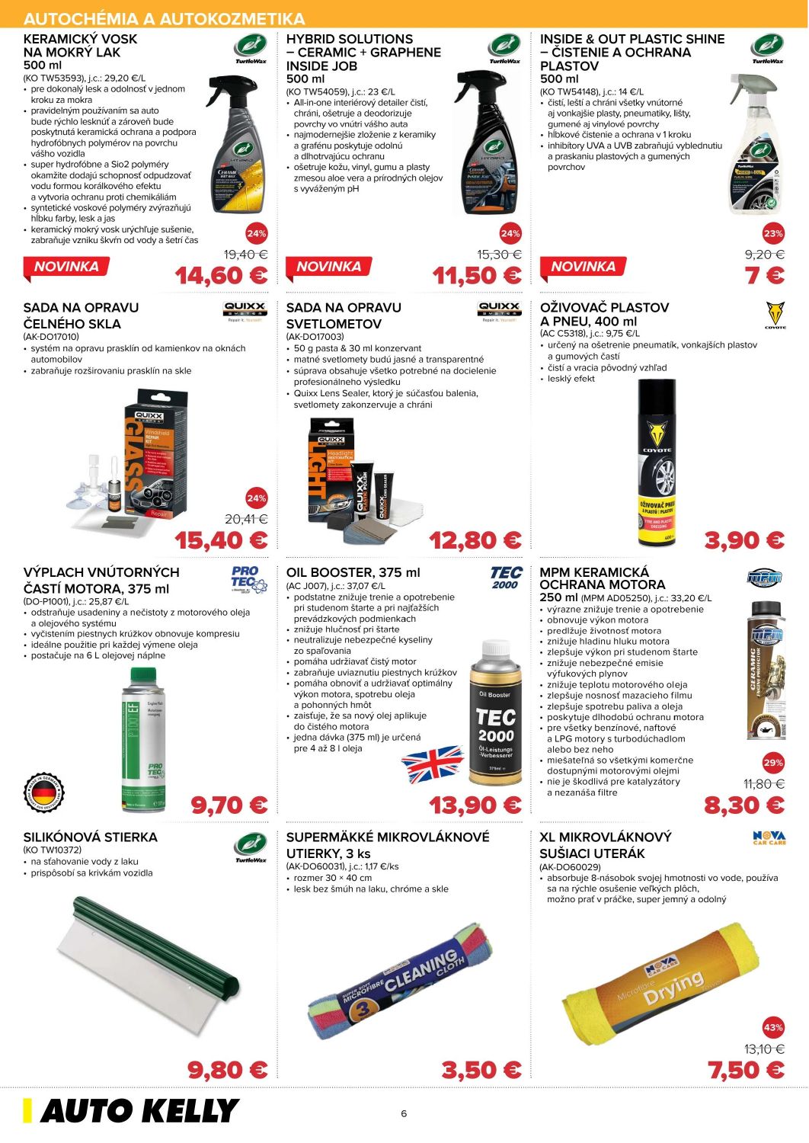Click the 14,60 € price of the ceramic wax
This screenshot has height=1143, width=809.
click(221, 276)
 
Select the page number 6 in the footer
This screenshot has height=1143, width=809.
click(404, 1113)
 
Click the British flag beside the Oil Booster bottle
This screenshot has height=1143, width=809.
click(431, 764)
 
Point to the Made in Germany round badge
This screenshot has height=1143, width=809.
click(45, 793)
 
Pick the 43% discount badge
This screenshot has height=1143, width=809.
click(773, 1027)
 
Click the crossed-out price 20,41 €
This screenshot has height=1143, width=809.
click(246, 519)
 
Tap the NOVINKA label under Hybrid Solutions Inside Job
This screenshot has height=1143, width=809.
click(328, 267)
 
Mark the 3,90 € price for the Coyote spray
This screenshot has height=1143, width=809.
click(744, 540)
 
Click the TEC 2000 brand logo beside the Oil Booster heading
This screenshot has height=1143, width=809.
click(505, 577)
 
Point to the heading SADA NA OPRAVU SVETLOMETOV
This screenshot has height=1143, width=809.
click(344, 315)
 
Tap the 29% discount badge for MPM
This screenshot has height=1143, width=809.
click(773, 762)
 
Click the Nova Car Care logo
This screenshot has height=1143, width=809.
click(769, 838)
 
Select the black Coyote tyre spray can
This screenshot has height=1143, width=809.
click(657, 463)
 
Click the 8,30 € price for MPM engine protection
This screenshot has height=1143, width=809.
click(744, 805)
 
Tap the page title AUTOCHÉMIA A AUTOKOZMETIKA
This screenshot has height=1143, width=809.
click(165, 18)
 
